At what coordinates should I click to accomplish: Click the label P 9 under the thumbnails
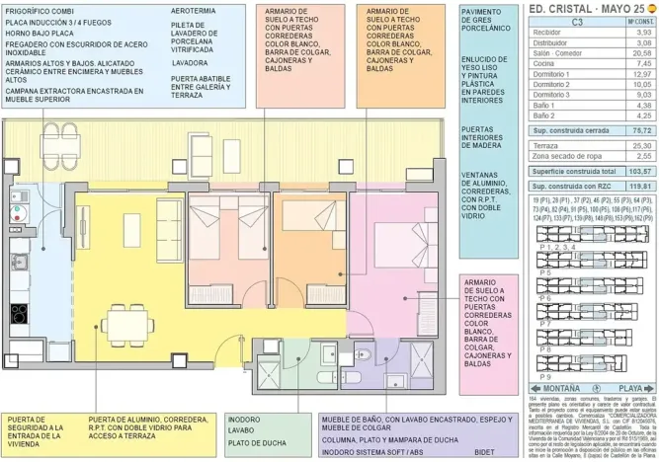tap(545, 376)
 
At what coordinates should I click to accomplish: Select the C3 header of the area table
tap(576, 21)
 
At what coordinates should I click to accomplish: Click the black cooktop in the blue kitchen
tap(19, 314)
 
